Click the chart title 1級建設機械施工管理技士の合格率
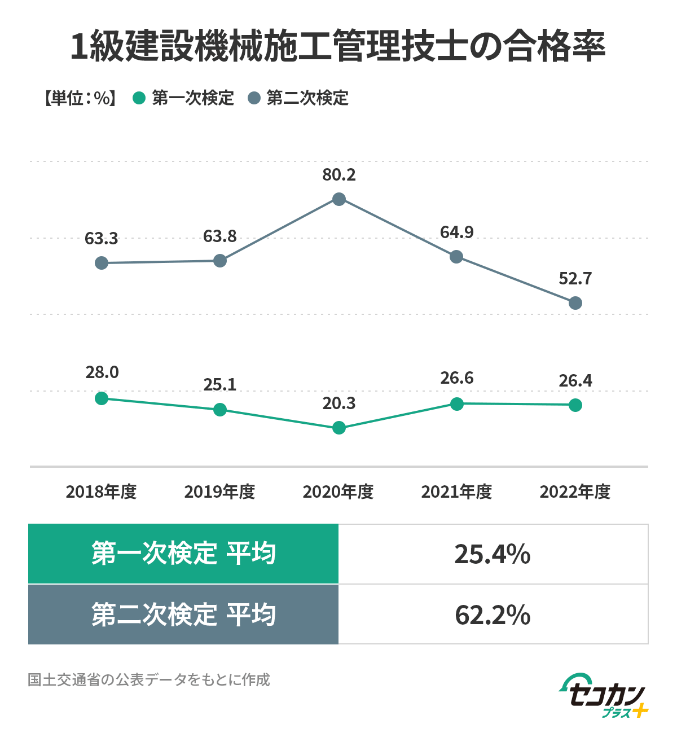[338, 46]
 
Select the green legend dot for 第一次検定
[139, 98]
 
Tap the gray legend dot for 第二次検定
[254, 98]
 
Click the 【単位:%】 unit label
[80, 98]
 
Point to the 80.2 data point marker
[339, 199]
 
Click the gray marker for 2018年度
[102, 263]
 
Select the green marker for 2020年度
[339, 428]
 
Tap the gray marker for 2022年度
[575, 304]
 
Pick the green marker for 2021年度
[457, 403]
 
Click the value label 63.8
[220, 236]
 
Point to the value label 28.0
[102, 372]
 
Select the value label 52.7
[575, 279]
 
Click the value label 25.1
[220, 385]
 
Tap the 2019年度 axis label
[220, 492]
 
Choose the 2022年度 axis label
[575, 492]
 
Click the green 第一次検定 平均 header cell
[183, 554]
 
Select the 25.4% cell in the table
[493, 554]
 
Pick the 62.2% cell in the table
[493, 615]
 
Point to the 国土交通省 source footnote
[149, 679]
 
